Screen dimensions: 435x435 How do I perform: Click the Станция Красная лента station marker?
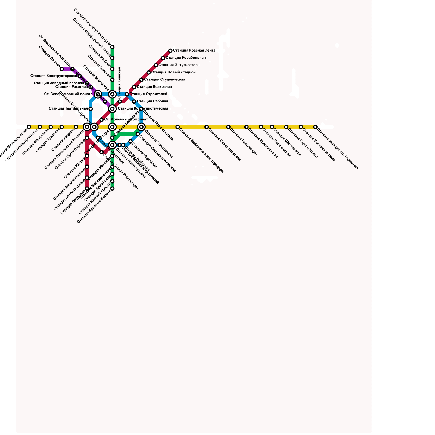(x=170, y=51)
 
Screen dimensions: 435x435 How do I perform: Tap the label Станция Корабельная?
(x=186, y=58)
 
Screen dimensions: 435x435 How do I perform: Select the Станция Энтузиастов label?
(x=178, y=65)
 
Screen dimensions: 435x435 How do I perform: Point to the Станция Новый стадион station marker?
(x=149, y=73)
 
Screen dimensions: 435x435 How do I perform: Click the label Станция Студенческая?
(x=164, y=80)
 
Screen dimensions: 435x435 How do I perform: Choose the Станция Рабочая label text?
(x=152, y=101)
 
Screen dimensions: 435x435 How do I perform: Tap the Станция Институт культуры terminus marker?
(x=112, y=47)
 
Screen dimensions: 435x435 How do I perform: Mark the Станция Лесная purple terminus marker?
(x=62, y=69)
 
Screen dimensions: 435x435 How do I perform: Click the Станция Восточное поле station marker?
(x=301, y=127)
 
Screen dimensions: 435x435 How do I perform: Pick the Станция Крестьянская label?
(x=263, y=143)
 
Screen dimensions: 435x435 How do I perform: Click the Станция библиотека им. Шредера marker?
(x=178, y=127)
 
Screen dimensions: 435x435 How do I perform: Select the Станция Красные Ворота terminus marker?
(x=112, y=188)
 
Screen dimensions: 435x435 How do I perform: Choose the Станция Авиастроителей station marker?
(x=40, y=127)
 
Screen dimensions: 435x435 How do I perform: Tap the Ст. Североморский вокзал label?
(x=68, y=94)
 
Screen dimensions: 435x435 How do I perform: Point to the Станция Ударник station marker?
(x=76, y=127)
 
